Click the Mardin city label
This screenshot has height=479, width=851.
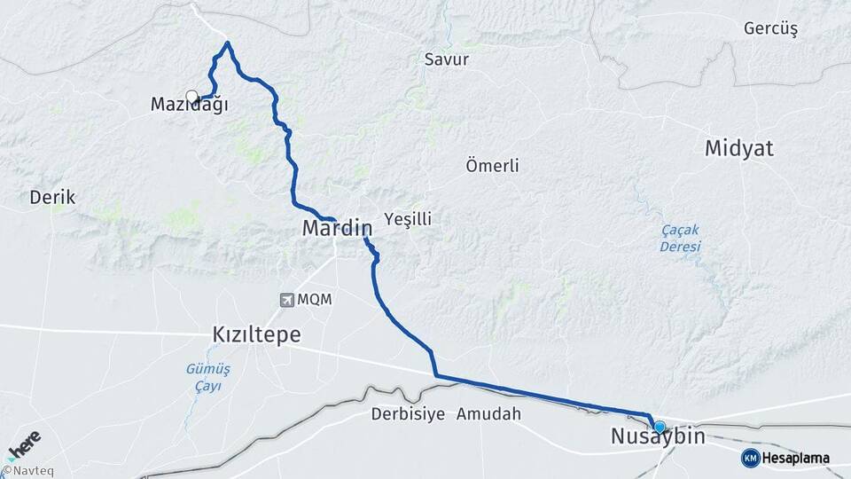337,228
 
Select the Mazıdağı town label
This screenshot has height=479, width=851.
190,105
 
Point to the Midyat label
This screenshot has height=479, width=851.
739,148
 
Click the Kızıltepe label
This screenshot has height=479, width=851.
256,334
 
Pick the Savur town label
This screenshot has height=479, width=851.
447,59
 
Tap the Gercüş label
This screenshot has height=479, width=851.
771,28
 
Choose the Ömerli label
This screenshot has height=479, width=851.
492,165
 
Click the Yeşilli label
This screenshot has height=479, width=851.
409,218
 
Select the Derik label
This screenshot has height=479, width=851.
53,197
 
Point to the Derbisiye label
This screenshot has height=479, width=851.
406,414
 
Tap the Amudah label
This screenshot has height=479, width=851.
489,414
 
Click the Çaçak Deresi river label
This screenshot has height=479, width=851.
680,238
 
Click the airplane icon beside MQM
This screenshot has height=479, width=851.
286,300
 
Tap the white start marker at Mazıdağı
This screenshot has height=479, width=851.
191,97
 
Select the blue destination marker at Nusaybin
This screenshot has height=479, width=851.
659,426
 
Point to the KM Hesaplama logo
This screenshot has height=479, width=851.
785,458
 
